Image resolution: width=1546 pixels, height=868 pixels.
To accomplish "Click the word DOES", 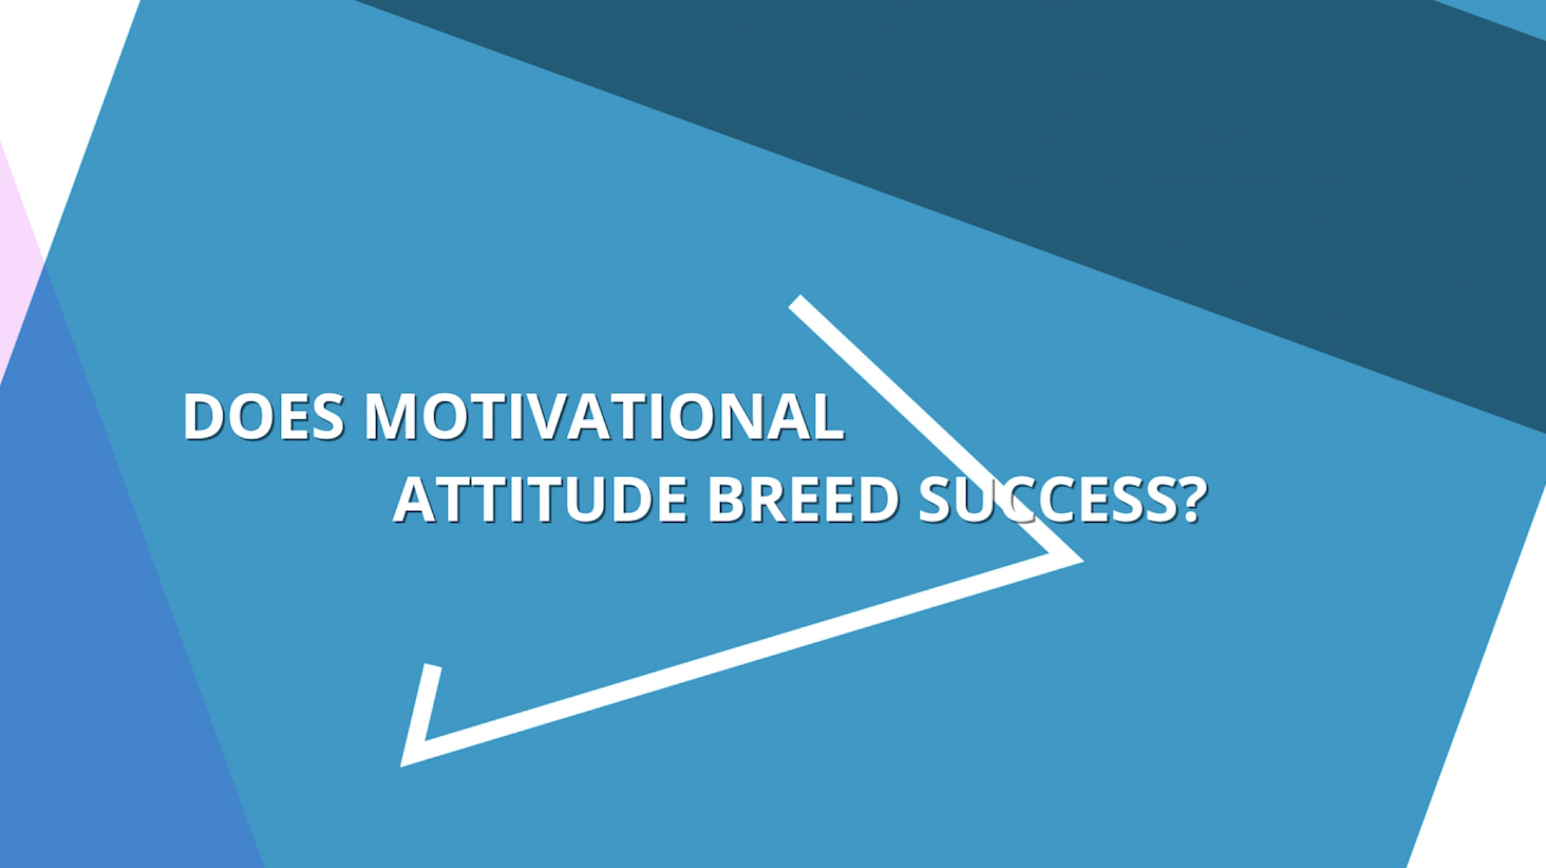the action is point(263,417).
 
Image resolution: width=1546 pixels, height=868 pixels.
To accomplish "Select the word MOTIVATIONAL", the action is point(604,417).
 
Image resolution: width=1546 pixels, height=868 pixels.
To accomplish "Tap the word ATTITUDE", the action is point(540,500).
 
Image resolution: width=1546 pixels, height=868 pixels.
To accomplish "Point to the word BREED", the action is point(803,500).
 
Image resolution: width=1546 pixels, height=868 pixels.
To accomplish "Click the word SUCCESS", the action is point(1048,500).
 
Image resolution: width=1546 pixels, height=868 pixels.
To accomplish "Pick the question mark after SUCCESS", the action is point(1192,500).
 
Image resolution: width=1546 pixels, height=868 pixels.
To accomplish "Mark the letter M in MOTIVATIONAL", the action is point(392,417).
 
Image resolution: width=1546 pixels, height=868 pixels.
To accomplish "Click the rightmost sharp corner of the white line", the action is point(1082,561).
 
